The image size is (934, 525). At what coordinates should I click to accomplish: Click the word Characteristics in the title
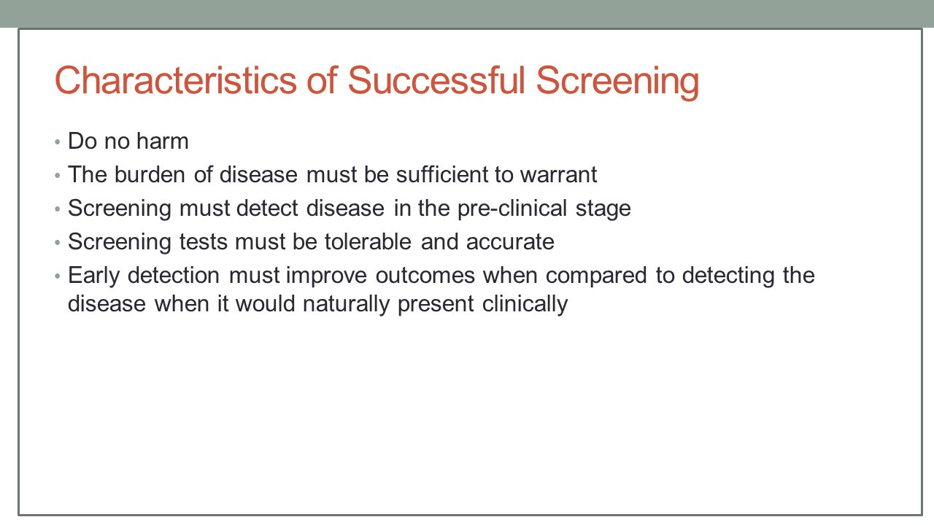point(176,80)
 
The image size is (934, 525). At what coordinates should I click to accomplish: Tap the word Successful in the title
point(436,80)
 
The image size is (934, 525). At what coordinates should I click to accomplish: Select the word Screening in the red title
point(617,82)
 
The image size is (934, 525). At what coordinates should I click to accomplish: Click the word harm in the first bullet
point(163,141)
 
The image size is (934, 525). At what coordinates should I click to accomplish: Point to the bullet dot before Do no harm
point(58,142)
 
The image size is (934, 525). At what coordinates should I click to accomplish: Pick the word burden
point(150,174)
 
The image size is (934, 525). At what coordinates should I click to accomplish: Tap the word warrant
point(558,175)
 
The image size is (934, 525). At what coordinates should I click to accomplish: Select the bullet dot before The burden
point(58,176)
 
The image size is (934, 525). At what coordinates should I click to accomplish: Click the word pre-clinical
point(512,209)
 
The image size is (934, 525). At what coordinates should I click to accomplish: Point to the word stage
point(603,209)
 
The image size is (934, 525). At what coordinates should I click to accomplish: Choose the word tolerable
point(368,241)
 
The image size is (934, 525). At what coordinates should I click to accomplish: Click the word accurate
point(510,243)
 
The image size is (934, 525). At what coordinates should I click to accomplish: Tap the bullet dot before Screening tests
point(58,243)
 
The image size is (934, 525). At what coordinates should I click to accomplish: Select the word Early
point(94,276)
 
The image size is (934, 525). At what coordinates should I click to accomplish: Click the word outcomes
point(425,276)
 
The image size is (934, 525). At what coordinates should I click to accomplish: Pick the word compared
point(596,276)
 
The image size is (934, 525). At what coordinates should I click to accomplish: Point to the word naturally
point(346,304)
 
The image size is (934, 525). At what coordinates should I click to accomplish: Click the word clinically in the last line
point(525,304)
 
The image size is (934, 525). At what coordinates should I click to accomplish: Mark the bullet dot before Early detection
point(58,276)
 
